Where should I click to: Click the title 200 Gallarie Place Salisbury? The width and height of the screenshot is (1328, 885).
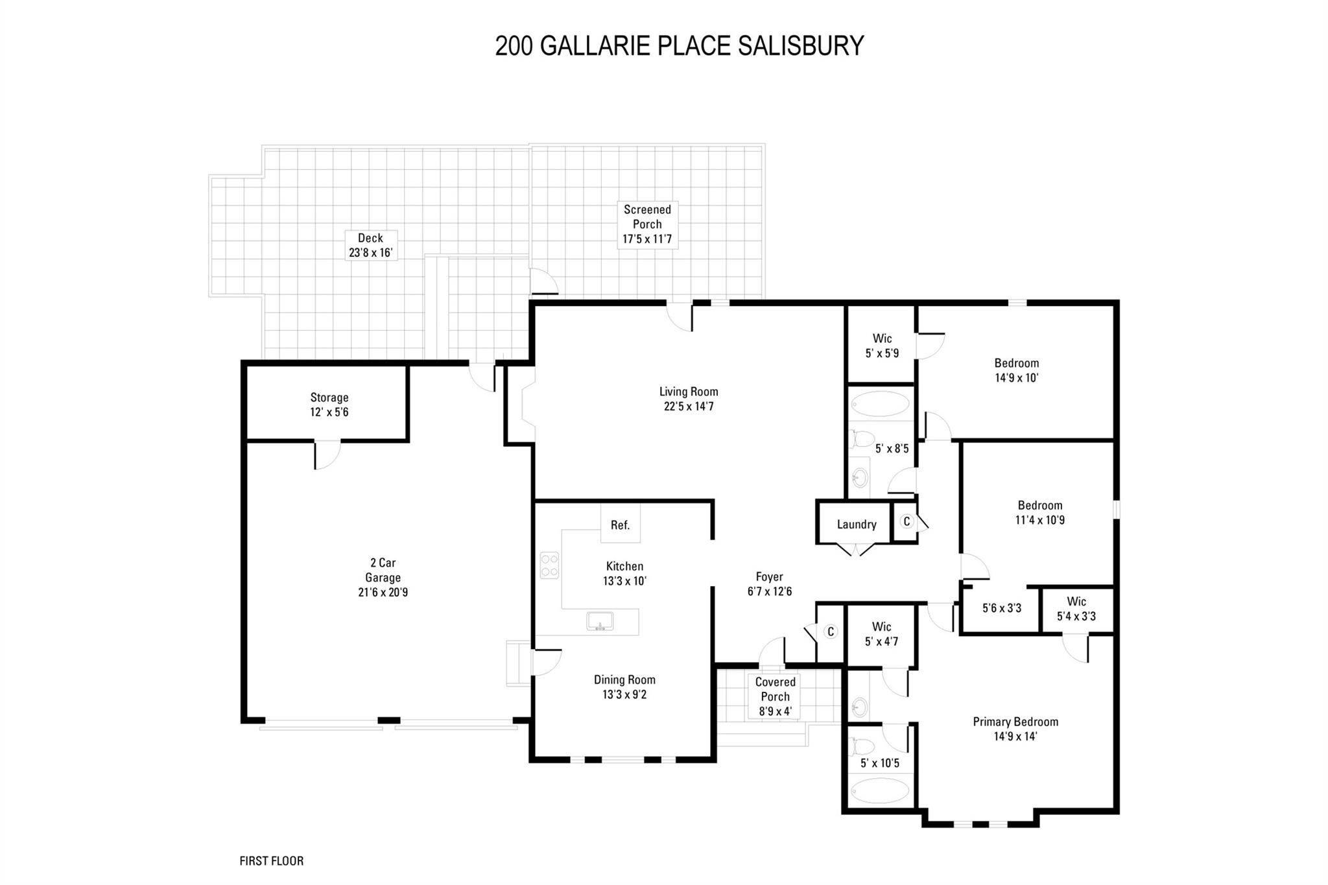point(679,46)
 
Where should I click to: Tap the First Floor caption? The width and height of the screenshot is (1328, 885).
point(271,861)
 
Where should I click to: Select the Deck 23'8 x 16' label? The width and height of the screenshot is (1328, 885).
point(370,246)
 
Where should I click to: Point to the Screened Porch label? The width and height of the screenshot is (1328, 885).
point(646,224)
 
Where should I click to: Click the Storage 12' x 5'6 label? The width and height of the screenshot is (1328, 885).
point(329,405)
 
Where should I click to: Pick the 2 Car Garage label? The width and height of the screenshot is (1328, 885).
point(383,577)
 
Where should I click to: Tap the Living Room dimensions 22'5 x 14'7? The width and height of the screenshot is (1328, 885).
point(688,407)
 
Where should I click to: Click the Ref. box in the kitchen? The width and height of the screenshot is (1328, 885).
point(620,525)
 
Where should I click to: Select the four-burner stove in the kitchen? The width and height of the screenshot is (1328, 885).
point(549,565)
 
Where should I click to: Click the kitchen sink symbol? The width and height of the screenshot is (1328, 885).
point(600,621)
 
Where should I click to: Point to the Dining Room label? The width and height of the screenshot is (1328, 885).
point(624,679)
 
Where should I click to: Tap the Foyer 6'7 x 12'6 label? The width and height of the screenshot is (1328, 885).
point(769,584)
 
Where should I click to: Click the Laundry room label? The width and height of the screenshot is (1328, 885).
point(856,525)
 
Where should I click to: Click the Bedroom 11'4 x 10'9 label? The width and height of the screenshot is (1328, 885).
point(1039,512)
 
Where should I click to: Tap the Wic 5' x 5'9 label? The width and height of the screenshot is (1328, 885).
point(882,346)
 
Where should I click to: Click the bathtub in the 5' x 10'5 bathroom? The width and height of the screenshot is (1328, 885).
point(880,790)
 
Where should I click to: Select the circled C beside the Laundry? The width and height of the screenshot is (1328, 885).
point(907,521)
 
